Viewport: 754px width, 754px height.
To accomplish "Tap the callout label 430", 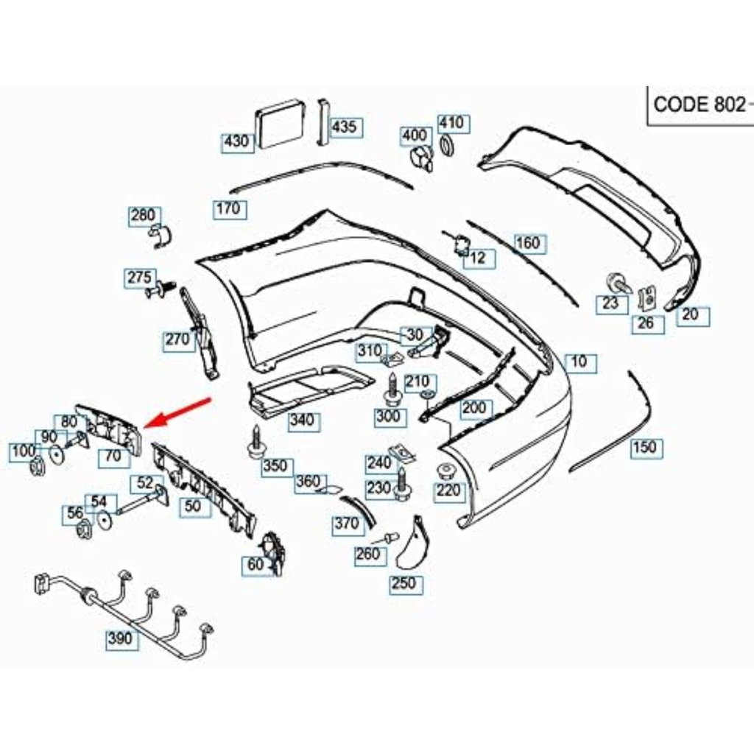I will [236, 141].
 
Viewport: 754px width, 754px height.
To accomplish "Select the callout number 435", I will [344, 127].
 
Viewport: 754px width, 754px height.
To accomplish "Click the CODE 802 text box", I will [699, 104].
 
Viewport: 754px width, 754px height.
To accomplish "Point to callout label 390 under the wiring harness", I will [120, 638].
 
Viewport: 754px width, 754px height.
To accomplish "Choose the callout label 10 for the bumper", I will [579, 362].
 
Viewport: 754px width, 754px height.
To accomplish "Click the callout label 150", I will [644, 447].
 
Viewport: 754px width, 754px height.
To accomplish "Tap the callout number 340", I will [301, 420].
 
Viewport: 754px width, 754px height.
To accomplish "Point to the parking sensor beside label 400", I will [420, 156].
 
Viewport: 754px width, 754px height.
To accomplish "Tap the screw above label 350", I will [256, 440].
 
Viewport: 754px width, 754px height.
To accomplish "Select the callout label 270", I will [177, 339].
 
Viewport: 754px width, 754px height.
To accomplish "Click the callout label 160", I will [527, 242].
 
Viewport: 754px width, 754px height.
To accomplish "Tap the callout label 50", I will [192, 506].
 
